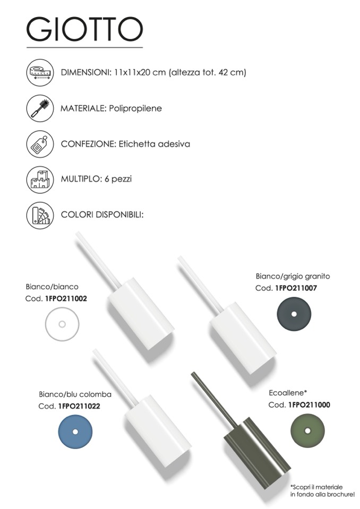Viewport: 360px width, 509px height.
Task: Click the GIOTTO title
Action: coord(84,29)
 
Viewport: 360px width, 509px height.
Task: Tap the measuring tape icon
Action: coord(40,72)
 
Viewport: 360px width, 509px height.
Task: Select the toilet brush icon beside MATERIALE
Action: coord(40,108)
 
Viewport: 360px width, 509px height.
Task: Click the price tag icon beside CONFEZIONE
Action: coord(40,144)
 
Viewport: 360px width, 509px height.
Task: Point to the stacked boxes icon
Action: coord(40,179)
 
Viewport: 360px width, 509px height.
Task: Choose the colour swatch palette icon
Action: coord(40,215)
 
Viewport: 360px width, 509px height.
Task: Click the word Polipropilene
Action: coord(135,108)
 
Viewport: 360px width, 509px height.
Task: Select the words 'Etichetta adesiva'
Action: coord(154,144)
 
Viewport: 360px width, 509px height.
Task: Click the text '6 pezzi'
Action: coord(118,179)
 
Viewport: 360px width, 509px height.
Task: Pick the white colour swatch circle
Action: coord(62,324)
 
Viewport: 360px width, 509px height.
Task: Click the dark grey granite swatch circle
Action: coord(294,314)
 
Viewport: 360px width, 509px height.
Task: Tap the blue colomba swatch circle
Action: coord(75,432)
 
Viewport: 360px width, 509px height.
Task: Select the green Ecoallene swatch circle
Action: coord(307,431)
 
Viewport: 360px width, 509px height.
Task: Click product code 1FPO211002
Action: coord(66,299)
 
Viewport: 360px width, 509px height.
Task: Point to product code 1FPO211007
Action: coord(296,288)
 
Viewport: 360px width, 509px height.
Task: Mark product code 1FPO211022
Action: coord(79,406)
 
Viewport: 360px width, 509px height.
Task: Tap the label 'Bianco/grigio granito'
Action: coord(293,277)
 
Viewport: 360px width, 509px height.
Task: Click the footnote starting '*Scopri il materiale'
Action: coord(322,491)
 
